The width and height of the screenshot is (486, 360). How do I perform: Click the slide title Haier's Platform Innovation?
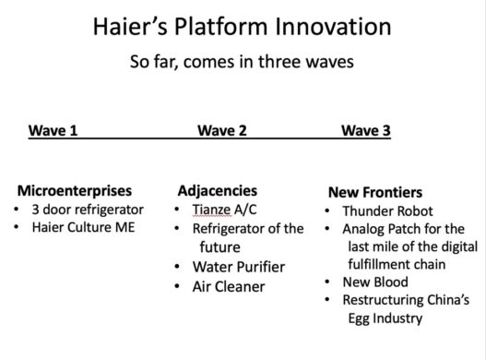[x=243, y=27]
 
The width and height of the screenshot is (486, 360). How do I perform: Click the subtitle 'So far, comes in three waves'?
[x=243, y=66]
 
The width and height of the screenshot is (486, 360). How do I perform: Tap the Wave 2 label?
[x=221, y=130]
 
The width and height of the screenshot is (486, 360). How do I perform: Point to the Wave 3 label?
[x=365, y=130]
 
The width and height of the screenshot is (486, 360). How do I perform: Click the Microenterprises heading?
[x=81, y=191]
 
